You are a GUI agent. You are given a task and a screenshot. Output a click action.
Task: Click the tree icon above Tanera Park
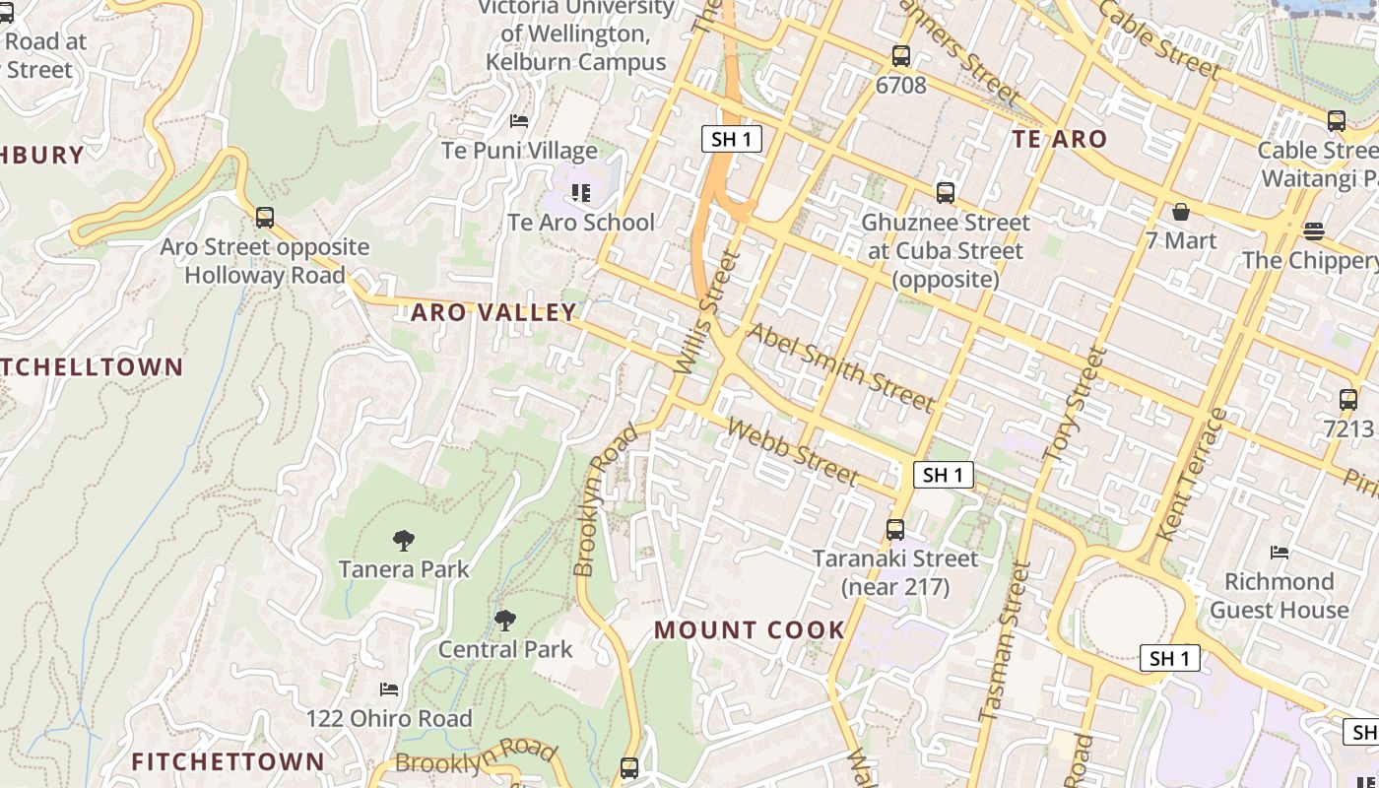click(x=403, y=540)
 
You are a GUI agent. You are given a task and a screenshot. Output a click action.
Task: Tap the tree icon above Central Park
click(x=505, y=620)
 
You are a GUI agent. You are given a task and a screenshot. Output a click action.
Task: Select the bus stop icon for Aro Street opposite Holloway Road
click(x=264, y=218)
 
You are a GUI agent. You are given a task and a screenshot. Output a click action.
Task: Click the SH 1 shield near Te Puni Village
click(x=732, y=139)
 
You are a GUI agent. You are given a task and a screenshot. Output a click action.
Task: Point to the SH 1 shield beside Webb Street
click(x=943, y=475)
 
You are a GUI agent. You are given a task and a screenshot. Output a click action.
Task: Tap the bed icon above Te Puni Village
click(x=519, y=121)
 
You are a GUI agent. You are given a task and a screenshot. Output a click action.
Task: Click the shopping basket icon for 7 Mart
click(x=1180, y=212)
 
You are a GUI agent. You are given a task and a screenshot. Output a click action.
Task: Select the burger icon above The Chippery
click(x=1313, y=231)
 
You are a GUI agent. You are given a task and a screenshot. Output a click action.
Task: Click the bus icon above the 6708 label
click(x=900, y=56)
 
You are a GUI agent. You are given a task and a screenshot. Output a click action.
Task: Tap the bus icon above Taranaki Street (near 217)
click(x=894, y=530)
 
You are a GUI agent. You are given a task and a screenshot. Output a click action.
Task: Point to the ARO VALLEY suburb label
click(x=493, y=312)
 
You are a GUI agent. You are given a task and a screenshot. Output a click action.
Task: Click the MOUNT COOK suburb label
click(x=750, y=629)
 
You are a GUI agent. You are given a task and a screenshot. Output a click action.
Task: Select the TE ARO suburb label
click(x=1060, y=139)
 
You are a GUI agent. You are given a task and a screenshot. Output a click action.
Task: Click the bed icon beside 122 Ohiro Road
click(x=389, y=689)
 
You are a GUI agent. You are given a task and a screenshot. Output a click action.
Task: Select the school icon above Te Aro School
click(x=581, y=193)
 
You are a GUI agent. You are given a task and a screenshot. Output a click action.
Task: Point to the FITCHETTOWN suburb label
click(x=228, y=761)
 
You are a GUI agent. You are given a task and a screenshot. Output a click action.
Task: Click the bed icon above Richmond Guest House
click(x=1280, y=553)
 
